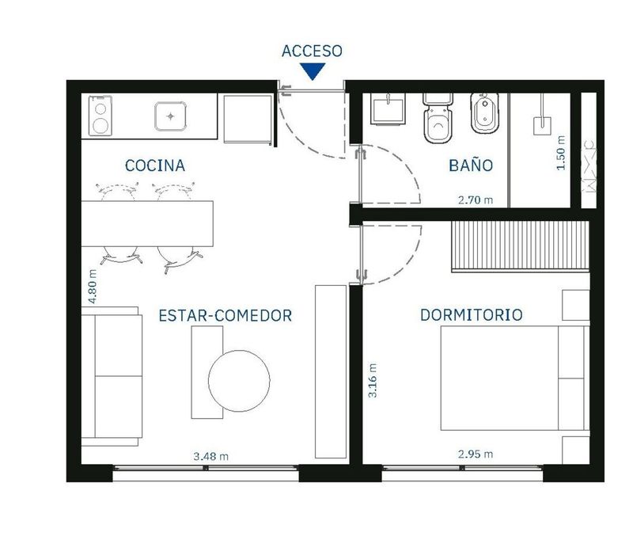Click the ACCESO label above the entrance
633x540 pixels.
coord(312,51)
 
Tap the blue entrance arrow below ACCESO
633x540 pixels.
coord(313,71)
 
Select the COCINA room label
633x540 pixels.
coord(155,165)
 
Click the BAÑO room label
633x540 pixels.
coord(471,165)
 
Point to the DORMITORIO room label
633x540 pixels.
coord(472,315)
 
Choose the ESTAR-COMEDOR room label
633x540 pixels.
coord(226,315)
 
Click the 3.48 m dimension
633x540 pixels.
coord(210,456)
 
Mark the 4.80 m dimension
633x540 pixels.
coord(93,287)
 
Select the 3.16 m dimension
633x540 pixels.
coord(372,381)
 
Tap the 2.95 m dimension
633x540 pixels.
coord(476,454)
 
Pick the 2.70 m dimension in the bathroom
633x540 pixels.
coord(476,200)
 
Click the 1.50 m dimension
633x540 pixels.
coord(561,153)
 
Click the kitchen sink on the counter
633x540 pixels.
coord(171,116)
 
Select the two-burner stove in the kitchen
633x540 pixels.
coord(100,116)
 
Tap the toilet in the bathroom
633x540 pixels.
coord(438,117)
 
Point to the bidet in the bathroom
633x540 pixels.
coord(484,113)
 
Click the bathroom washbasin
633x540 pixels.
coord(388,109)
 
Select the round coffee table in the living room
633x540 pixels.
coord(240,381)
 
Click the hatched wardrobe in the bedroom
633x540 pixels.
coord(520,246)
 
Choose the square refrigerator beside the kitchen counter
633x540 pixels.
coord(248,119)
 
